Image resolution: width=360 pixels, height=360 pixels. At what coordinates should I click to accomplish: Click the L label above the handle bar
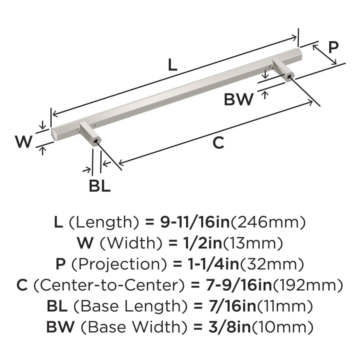(172, 64)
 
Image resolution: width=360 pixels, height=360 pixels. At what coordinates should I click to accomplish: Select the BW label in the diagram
(238, 99)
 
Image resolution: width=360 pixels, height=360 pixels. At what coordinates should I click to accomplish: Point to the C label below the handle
(218, 143)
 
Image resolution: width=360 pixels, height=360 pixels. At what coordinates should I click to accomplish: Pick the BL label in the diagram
(100, 186)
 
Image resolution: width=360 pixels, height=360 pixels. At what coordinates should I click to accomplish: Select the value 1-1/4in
(210, 264)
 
